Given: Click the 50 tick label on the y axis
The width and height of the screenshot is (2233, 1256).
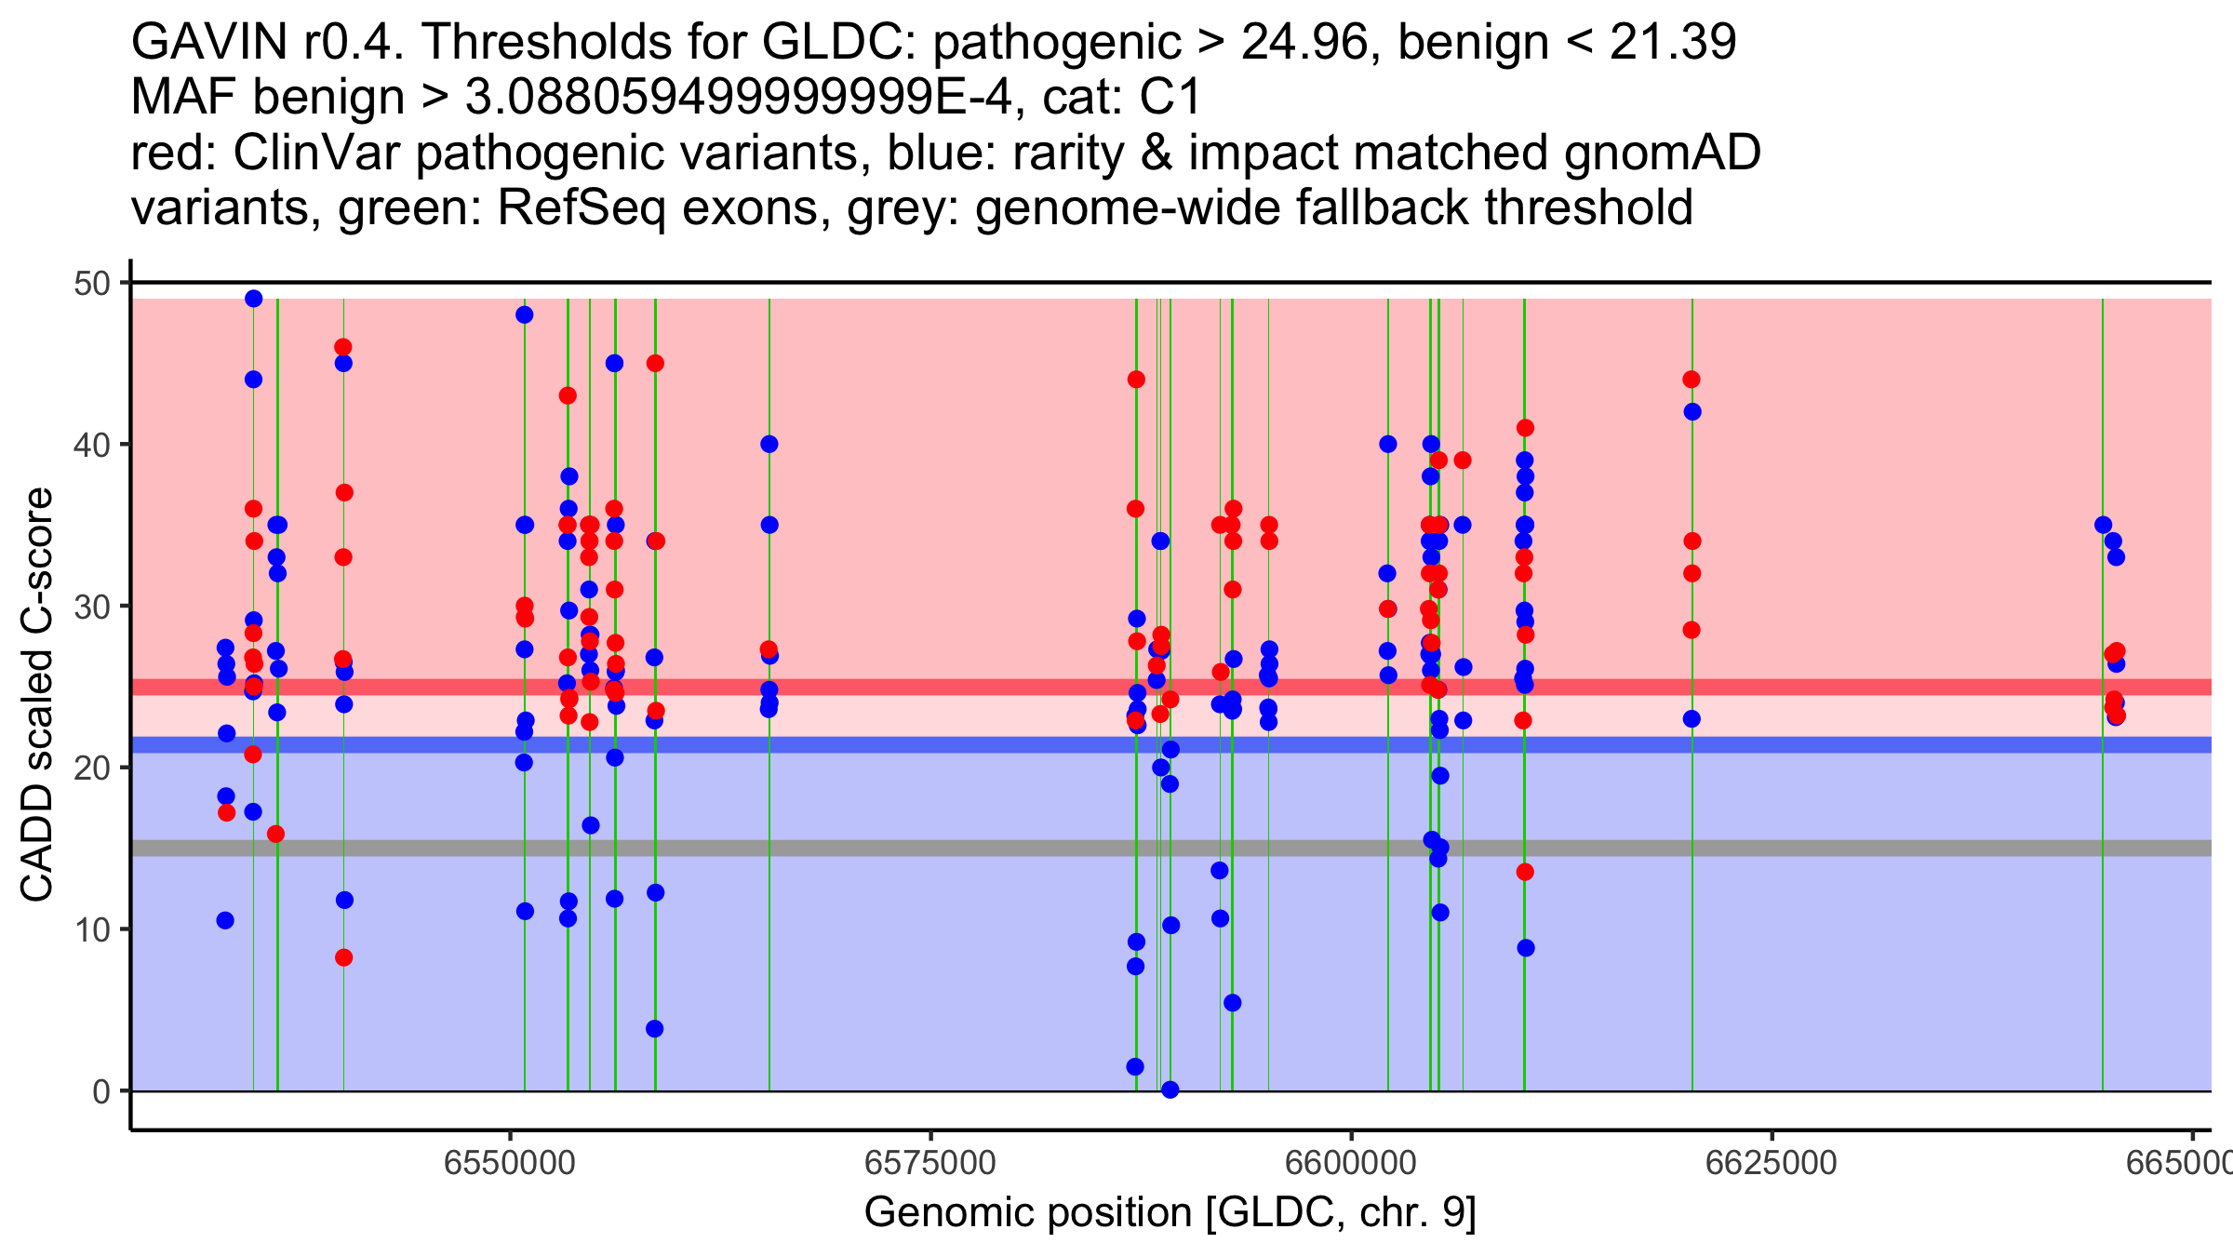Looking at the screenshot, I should (x=91, y=283).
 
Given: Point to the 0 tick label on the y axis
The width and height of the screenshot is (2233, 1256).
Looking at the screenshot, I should (x=100, y=1091).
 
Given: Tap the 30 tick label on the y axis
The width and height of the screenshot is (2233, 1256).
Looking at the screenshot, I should (x=91, y=607).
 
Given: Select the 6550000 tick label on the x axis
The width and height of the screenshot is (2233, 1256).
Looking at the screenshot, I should (x=510, y=1163).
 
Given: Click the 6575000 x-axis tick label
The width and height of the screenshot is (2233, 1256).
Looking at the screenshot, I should (x=930, y=1163).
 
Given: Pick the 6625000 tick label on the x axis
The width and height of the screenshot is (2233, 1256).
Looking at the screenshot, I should (x=1771, y=1163).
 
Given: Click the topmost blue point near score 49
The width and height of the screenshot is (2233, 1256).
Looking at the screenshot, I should (x=254, y=299).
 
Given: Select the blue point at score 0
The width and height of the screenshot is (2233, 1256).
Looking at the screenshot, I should (x=1170, y=1089).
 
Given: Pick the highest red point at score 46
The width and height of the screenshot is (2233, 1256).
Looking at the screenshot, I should (x=343, y=347).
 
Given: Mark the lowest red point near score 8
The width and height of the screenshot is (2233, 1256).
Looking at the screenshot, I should (x=344, y=957).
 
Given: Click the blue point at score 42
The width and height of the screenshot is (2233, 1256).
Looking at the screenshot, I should (x=1692, y=412).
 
